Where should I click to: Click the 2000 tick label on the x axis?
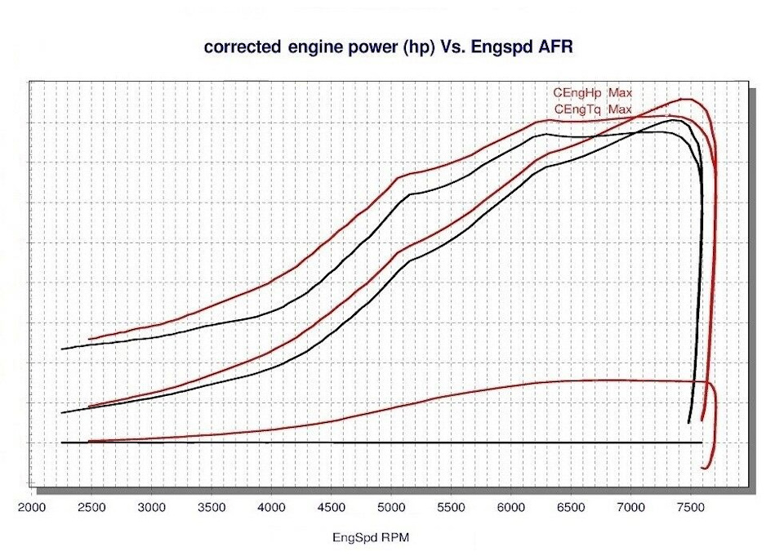click(x=33, y=508)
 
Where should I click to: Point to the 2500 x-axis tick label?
click(x=92, y=508)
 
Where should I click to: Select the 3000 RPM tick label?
click(x=152, y=508)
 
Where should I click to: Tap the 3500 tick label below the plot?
click(x=212, y=508)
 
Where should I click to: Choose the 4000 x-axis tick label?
click(x=271, y=508)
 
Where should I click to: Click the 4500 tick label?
click(x=332, y=508)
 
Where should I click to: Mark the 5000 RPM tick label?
click(x=391, y=508)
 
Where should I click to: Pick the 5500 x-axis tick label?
click(x=451, y=508)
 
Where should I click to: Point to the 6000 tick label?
click(x=510, y=508)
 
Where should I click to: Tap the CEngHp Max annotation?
click(x=592, y=93)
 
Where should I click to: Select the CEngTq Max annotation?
click(x=592, y=109)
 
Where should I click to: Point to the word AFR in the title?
click(x=555, y=47)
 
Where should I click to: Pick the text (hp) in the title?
click(x=416, y=47)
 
